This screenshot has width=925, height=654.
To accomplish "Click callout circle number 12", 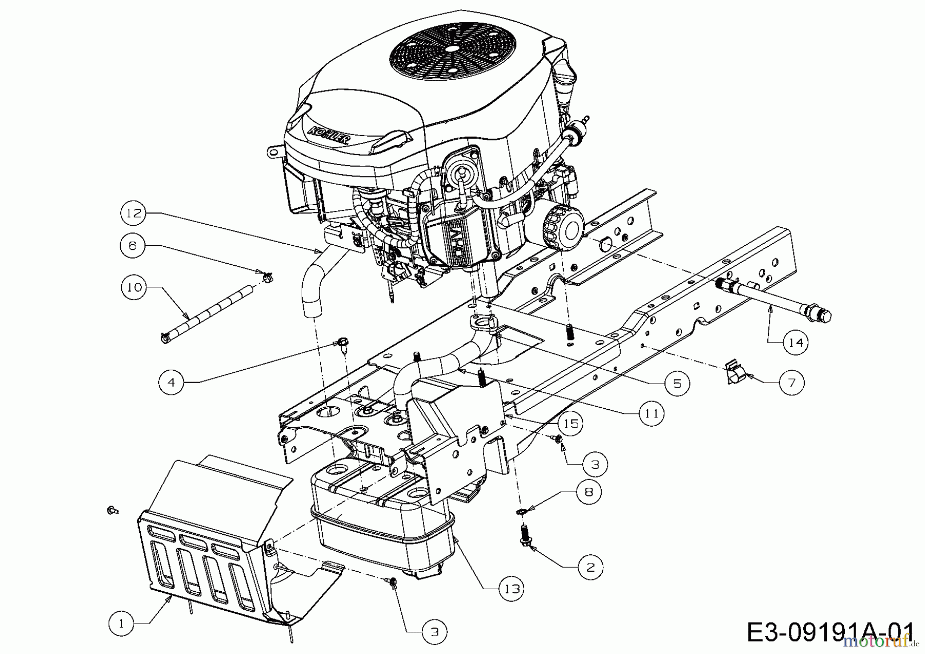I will (x=134, y=213).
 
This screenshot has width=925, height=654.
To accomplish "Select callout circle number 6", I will (x=133, y=246).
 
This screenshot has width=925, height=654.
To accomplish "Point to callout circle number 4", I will (x=171, y=382).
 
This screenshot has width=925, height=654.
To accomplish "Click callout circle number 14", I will (x=795, y=342).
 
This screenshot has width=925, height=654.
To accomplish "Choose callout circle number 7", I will (x=791, y=383).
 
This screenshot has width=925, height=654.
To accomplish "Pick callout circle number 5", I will (x=677, y=383).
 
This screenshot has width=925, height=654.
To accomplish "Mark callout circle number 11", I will (x=652, y=413).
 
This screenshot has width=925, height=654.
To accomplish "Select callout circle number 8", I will (x=588, y=492).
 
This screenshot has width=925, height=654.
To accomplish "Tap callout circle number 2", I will (x=590, y=567).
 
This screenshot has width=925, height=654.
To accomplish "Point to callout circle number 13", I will (x=511, y=588).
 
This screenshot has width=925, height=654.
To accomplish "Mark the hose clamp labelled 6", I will (x=267, y=277).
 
